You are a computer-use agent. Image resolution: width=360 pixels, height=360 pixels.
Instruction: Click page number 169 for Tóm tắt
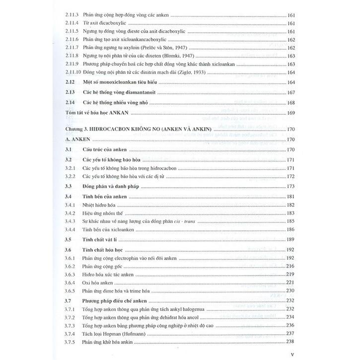click(291, 113)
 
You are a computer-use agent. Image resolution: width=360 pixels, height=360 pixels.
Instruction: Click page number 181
click(291, 197)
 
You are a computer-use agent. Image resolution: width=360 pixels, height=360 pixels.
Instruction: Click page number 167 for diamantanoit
click(291, 93)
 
